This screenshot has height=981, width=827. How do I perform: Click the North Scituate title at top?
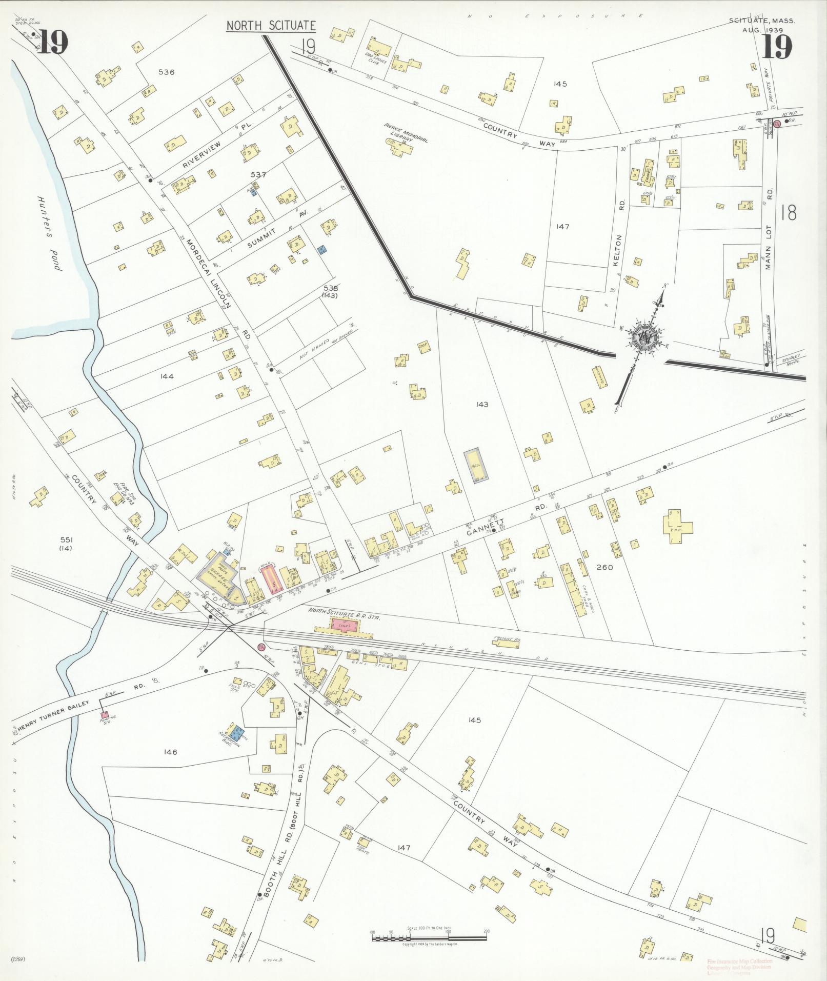point(270,26)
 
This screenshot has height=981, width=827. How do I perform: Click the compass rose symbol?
point(641,337)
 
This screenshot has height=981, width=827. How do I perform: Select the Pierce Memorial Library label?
point(406,133)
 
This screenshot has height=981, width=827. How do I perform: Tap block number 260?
point(605,567)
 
